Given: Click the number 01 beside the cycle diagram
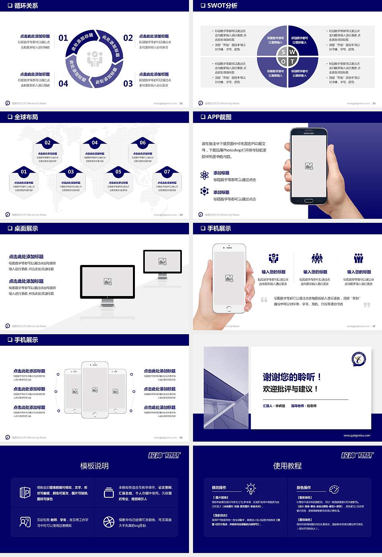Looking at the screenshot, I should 63,38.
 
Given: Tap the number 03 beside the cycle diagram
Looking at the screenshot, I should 128,84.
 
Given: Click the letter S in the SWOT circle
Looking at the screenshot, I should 283,52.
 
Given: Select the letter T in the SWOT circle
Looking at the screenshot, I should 292,62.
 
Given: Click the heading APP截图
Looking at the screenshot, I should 219,117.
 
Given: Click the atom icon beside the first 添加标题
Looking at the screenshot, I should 205,175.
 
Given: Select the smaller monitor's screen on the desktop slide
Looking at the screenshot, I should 162,261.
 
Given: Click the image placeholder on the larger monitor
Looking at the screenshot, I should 107,282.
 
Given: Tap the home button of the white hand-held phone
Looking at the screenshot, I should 229,308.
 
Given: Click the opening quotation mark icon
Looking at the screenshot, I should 264,300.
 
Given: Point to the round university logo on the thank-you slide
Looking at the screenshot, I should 359,359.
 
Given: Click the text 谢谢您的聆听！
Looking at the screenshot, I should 292,377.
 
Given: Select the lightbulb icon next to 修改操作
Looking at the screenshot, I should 251,488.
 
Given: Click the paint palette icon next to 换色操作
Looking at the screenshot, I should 334,489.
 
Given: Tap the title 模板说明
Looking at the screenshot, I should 94,466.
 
